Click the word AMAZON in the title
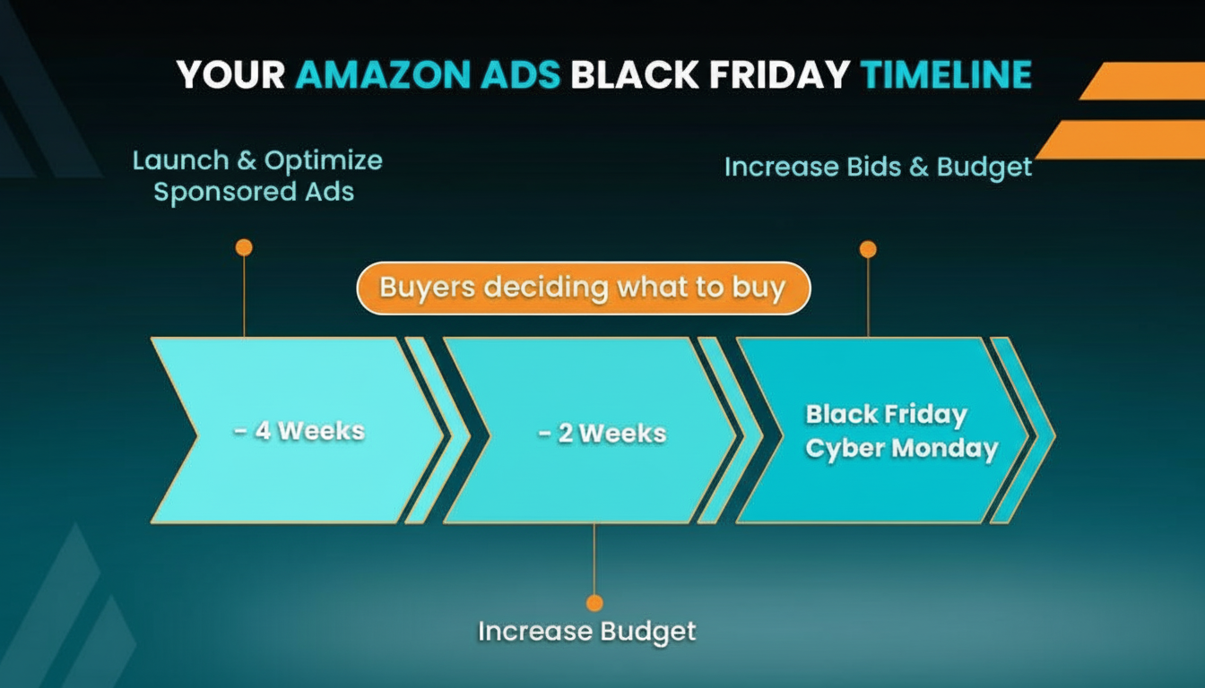point(384,74)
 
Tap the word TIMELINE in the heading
point(946,74)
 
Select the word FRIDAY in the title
point(779,74)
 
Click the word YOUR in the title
point(230,74)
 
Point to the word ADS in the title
point(521,74)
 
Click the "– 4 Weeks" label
point(299,431)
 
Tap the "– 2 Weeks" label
point(602,434)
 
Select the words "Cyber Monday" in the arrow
point(902,449)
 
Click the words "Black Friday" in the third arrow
point(887,415)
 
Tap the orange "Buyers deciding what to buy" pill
point(584,288)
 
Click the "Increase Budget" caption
point(587,632)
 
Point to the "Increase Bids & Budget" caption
point(878,168)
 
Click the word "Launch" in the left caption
point(181,160)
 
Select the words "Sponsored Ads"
point(254,192)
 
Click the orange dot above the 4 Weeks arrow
point(244,247)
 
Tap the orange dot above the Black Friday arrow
point(868,249)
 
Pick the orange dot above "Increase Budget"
point(594,603)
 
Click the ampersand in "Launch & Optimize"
point(247,160)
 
